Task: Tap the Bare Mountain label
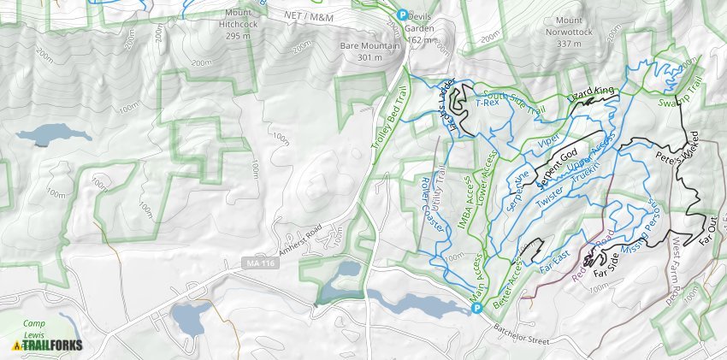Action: pyautogui.click(x=369, y=50)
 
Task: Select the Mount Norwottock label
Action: pyautogui.click(x=581, y=27)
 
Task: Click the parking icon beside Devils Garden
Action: pyautogui.click(x=405, y=13)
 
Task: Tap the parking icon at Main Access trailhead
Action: pyautogui.click(x=478, y=308)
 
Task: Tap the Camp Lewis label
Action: pyautogui.click(x=35, y=328)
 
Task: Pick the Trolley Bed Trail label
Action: pyautogui.click(x=387, y=121)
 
